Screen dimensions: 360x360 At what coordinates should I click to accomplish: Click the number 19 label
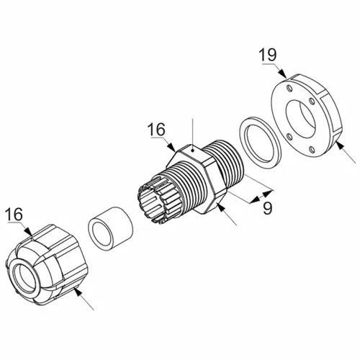coord(268,55)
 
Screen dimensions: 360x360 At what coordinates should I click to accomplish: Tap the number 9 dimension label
coord(268,208)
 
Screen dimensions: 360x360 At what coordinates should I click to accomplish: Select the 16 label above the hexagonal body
coord(156,130)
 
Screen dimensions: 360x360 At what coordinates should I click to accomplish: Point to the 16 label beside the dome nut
coord(14,215)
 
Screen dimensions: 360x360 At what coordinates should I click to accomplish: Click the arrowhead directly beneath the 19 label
coord(282,73)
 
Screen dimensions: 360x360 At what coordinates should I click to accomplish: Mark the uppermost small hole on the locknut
coord(290,89)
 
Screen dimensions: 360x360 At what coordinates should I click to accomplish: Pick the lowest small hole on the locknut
coord(312,150)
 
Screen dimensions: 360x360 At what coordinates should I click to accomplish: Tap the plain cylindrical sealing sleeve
coord(111,227)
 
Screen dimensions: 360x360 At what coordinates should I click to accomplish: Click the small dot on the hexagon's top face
coord(192,150)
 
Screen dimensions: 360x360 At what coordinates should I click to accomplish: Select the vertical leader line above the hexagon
coord(192,134)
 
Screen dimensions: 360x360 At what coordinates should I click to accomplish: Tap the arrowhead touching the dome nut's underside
coord(77,291)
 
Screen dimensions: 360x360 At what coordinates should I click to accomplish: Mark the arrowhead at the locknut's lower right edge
coord(339,145)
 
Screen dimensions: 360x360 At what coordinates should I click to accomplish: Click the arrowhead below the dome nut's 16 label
coord(29,231)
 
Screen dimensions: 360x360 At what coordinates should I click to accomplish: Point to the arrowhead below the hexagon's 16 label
coord(172,147)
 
